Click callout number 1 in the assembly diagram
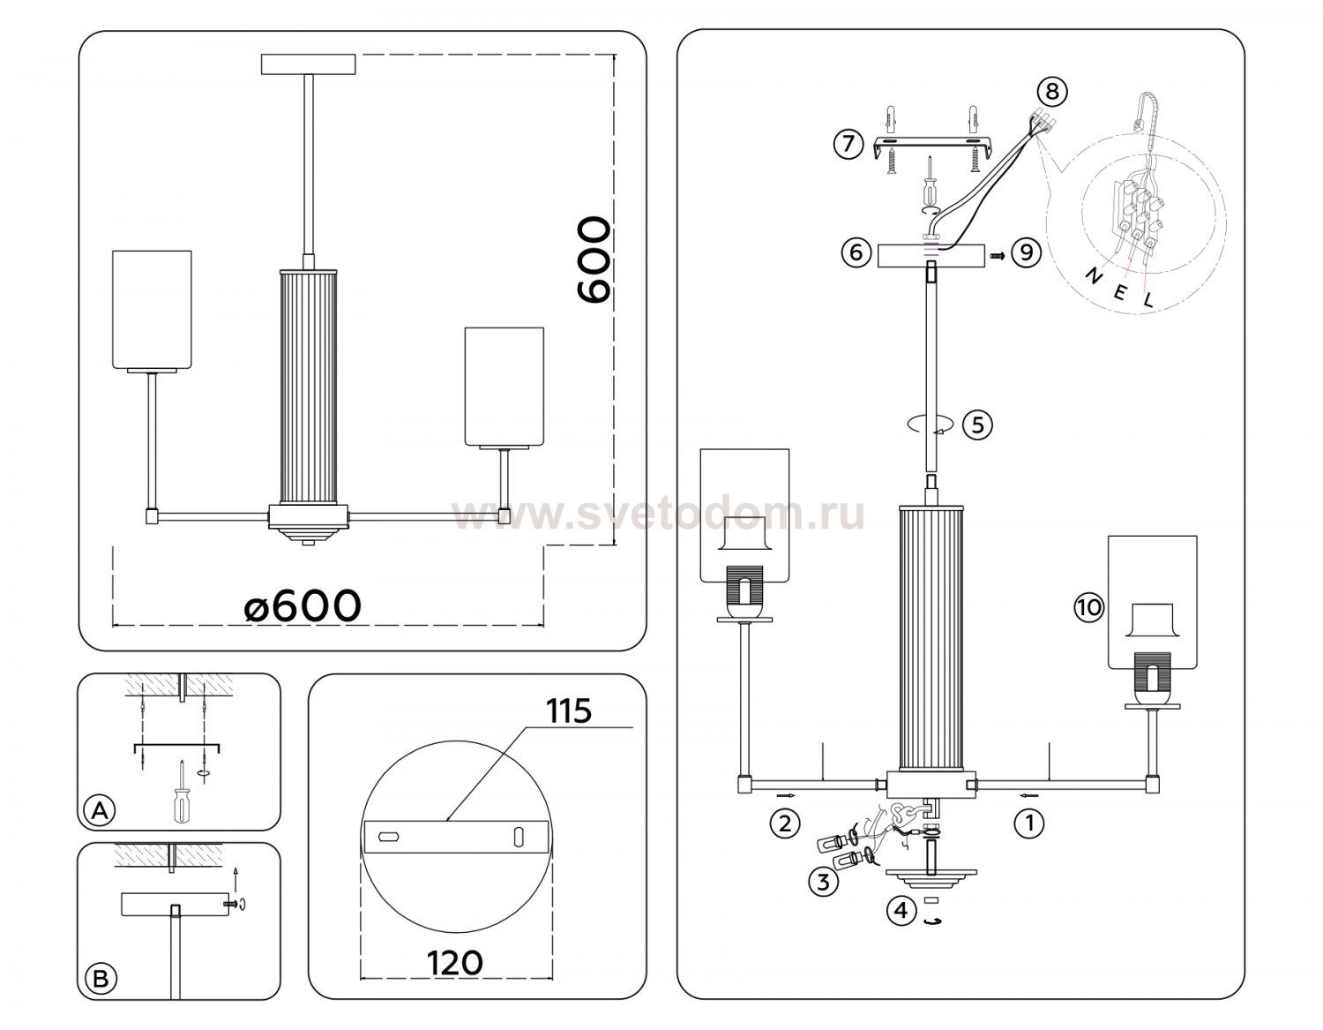tap(1028, 823)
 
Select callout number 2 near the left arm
tap(784, 823)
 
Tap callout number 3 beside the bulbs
tap(823, 882)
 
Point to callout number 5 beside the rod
tap(977, 425)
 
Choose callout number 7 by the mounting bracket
tap(848, 143)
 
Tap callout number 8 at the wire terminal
tap(1051, 90)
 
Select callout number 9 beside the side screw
tap(1026, 253)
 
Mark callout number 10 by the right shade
tap(1088, 607)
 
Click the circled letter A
tap(100, 809)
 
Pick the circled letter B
tap(100, 978)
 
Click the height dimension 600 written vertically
tap(593, 260)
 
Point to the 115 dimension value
tap(569, 710)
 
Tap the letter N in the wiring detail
tap(1092, 276)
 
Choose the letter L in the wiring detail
tap(1147, 300)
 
